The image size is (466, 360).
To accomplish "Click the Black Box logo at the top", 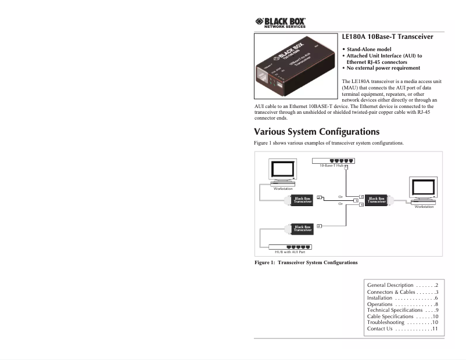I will (x=281, y=23).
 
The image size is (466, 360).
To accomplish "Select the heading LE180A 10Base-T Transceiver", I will (x=388, y=37).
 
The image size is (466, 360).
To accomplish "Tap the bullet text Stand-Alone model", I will (x=369, y=49).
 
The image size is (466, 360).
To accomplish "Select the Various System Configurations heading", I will (x=317, y=132).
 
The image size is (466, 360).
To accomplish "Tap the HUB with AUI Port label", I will (x=290, y=252).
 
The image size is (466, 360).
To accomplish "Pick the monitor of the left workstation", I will (x=282, y=171).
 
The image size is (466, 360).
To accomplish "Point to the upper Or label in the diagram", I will (x=340, y=197).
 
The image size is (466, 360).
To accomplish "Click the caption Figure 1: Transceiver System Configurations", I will (x=306, y=263).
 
